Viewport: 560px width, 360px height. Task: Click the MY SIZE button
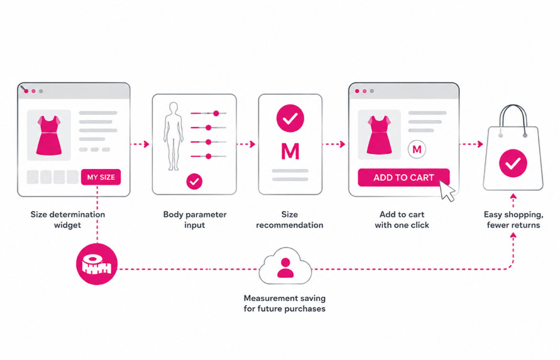pyautogui.click(x=101, y=177)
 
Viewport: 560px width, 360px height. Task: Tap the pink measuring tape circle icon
pyautogui.click(x=97, y=265)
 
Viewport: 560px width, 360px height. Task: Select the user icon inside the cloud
pyautogui.click(x=285, y=268)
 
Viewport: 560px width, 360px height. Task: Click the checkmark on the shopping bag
pyautogui.click(x=513, y=163)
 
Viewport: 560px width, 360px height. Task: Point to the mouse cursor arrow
pyautogui.click(x=446, y=191)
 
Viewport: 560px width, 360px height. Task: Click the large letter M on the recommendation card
pyautogui.click(x=290, y=151)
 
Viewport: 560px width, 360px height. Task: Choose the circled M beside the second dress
pyautogui.click(x=417, y=150)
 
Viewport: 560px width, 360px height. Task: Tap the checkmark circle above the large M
pyautogui.click(x=290, y=118)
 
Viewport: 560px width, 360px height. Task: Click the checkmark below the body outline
pyautogui.click(x=194, y=182)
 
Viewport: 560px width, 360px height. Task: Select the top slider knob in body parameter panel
pyautogui.click(x=216, y=114)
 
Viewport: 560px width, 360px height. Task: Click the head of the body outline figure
pyautogui.click(x=173, y=107)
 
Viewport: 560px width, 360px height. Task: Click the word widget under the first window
pyautogui.click(x=67, y=226)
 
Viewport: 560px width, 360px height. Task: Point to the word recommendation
pyautogui.click(x=290, y=226)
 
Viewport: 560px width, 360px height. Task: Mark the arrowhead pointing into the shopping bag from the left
pyautogui.click(x=480, y=145)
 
